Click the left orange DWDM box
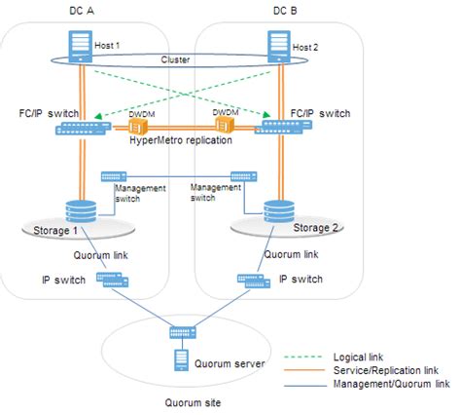(x=146, y=127)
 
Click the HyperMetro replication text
(x=182, y=141)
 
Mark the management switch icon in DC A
(x=114, y=176)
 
